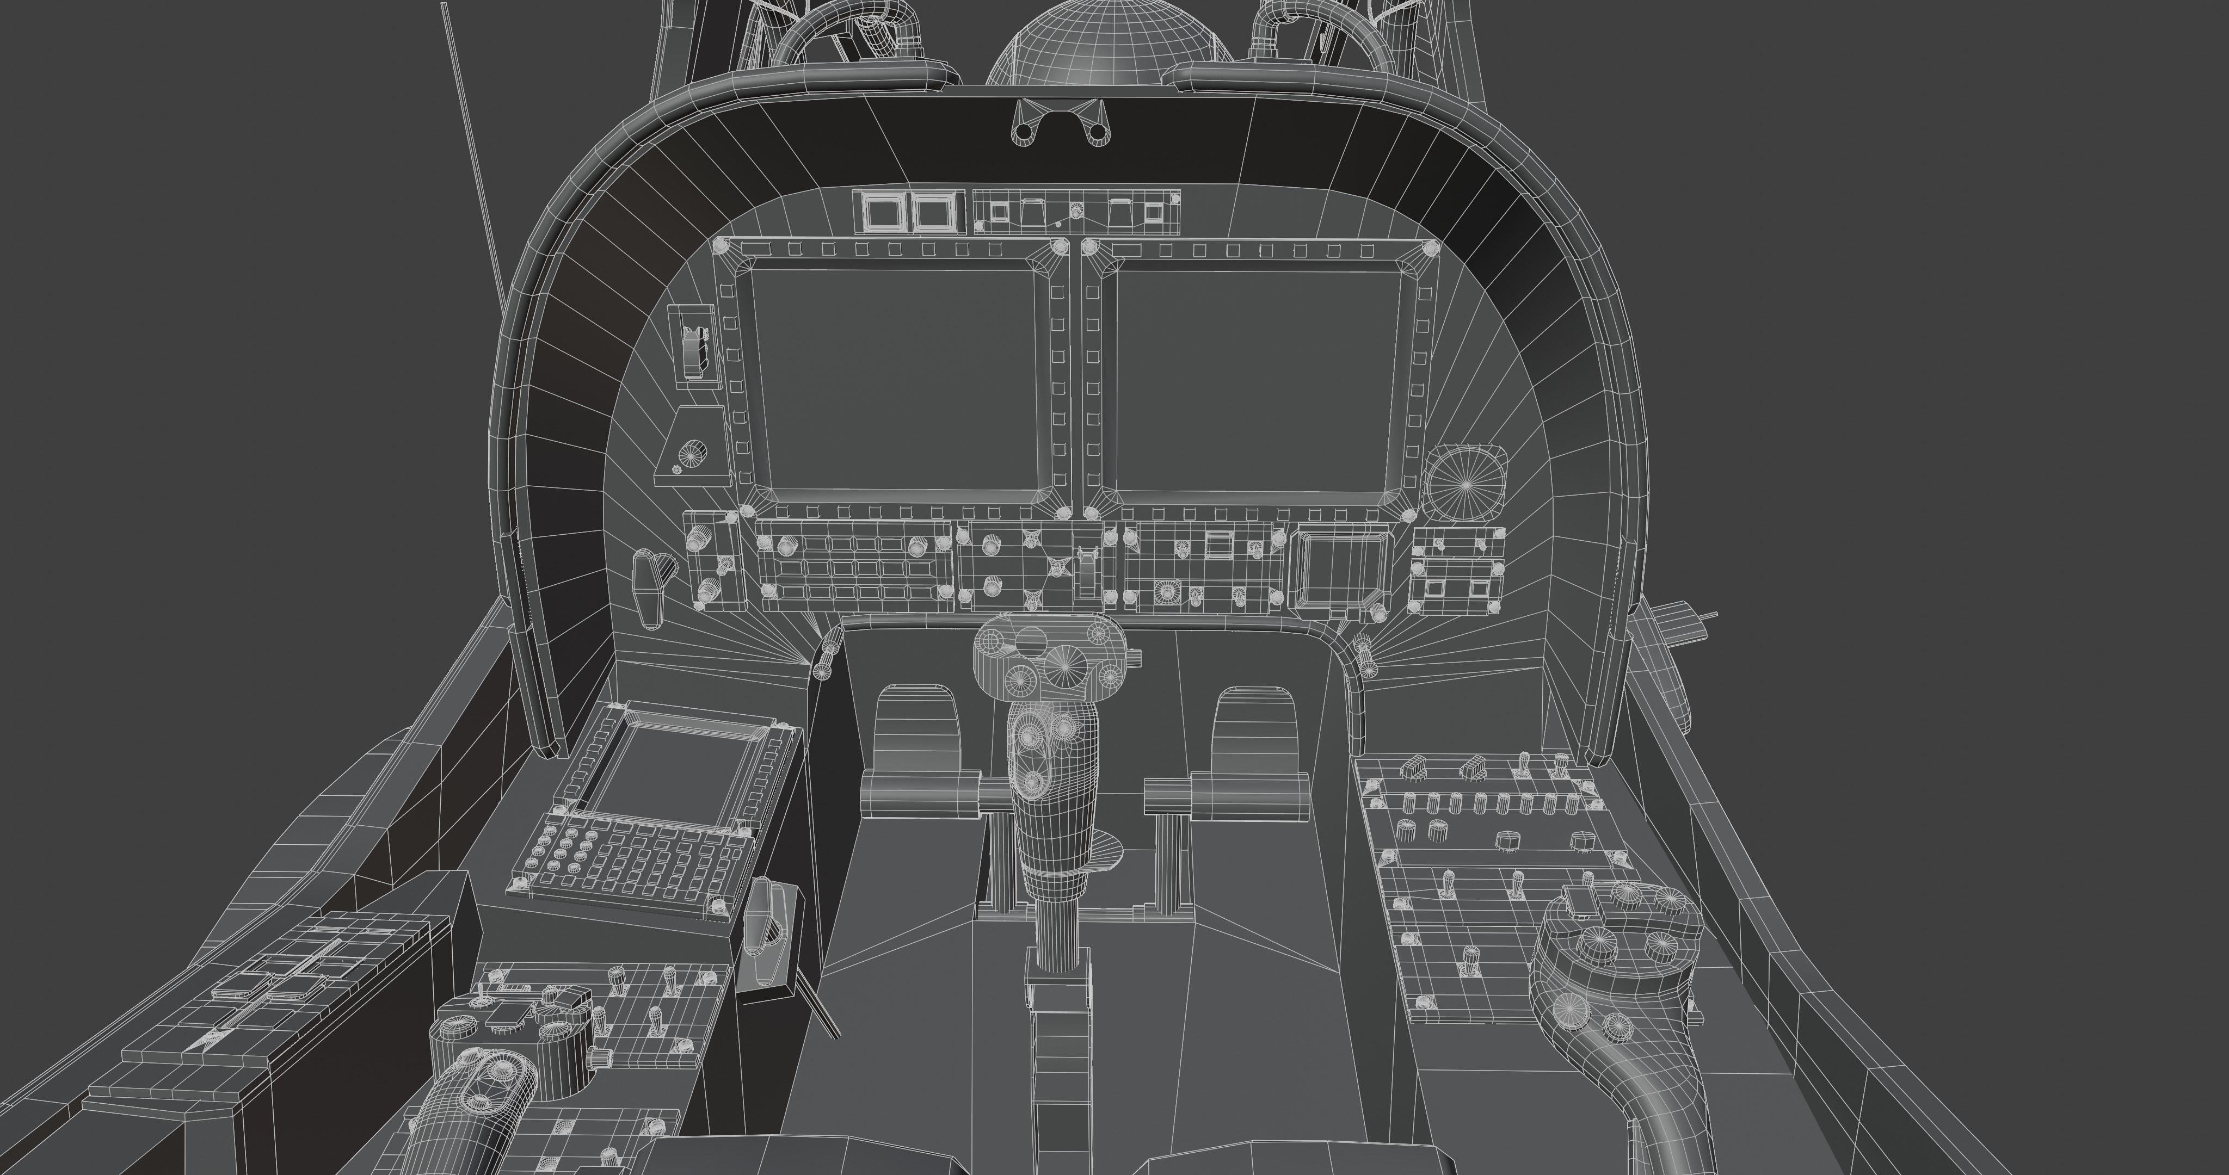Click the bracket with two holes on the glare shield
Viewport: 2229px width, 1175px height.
pyautogui.click(x=1060, y=121)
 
